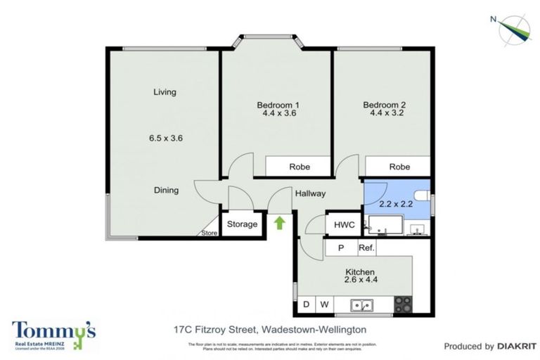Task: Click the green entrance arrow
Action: click(x=279, y=224)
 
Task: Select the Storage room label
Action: click(x=242, y=224)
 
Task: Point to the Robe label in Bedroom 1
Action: click(x=300, y=167)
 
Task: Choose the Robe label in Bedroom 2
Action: click(x=399, y=167)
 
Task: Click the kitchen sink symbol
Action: click(x=363, y=305)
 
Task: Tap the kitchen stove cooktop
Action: click(x=403, y=304)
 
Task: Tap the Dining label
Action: click(x=167, y=190)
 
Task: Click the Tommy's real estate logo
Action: click(x=53, y=335)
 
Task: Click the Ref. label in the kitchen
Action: click(x=367, y=247)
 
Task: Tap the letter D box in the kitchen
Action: click(x=306, y=304)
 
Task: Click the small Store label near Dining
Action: click(x=209, y=233)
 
